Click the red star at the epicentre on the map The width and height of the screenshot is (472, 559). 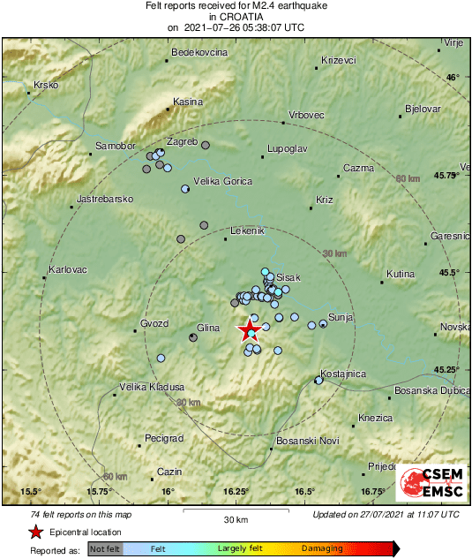[250, 331]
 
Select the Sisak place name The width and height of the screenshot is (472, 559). [289, 276]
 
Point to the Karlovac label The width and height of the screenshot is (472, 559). [68, 269]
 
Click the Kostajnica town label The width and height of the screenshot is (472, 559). [343, 374]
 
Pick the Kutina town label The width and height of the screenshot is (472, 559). [401, 274]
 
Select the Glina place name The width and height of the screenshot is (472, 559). [207, 329]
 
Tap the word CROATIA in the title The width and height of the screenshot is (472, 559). [236, 16]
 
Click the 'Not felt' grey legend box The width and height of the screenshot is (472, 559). [105, 548]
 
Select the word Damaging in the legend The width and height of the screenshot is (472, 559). [322, 548]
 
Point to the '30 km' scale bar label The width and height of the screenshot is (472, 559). [236, 518]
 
